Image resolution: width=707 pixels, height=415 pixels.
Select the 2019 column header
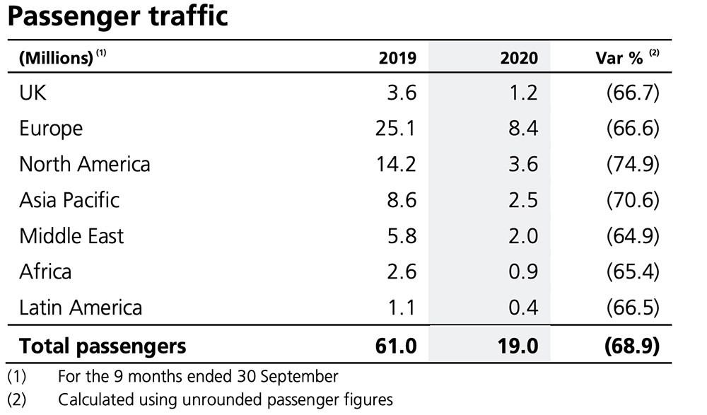(x=398, y=58)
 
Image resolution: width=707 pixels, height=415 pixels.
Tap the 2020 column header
(x=520, y=58)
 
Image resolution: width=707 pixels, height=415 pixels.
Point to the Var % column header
(x=619, y=58)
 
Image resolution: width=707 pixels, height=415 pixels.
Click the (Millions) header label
(x=56, y=58)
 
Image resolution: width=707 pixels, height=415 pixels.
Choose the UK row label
(x=33, y=93)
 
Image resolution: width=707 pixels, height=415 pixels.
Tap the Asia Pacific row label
(x=69, y=200)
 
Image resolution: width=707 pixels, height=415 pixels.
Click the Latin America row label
(x=81, y=308)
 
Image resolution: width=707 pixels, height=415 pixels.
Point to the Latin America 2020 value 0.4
(x=523, y=308)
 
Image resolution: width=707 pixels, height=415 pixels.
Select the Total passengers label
(x=103, y=346)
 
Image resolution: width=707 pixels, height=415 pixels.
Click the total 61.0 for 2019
(x=398, y=346)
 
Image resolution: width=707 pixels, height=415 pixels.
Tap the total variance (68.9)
(x=631, y=346)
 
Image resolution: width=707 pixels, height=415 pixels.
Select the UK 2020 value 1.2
(x=523, y=93)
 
